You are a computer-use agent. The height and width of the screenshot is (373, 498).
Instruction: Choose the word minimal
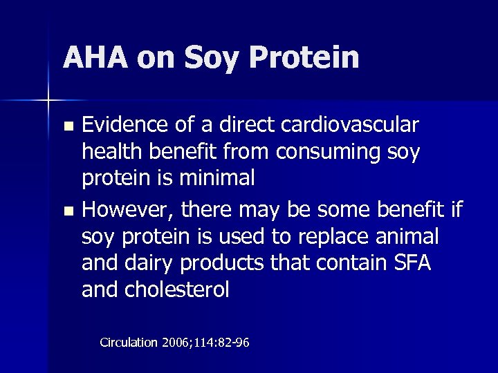point(217,178)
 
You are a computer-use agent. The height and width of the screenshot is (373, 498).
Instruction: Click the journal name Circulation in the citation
point(129,342)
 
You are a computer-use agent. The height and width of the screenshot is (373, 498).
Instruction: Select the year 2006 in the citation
point(178,342)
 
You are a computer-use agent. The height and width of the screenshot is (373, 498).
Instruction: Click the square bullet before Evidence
point(67,127)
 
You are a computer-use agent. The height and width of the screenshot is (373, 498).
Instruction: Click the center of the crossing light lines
point(48,102)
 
